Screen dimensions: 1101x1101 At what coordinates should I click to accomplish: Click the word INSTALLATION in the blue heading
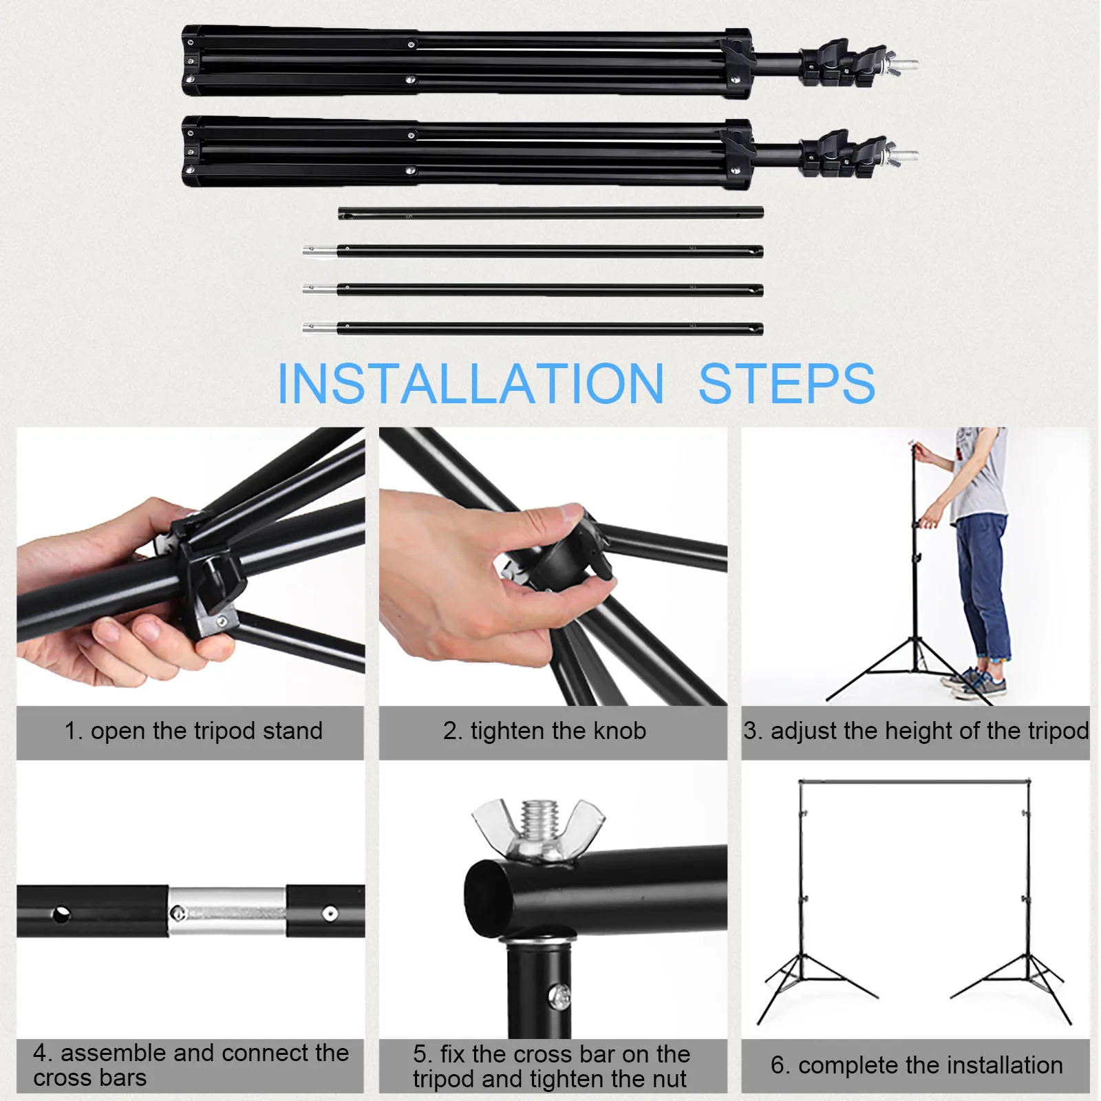[x=470, y=383]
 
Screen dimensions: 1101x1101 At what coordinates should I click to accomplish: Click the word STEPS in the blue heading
[x=787, y=383]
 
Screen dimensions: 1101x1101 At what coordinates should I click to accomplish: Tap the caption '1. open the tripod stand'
[x=193, y=731]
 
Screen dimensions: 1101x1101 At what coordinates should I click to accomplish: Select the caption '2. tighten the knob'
[x=545, y=731]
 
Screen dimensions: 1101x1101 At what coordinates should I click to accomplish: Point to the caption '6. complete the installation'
[x=917, y=1065]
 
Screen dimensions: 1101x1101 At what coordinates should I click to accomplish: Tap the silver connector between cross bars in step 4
[x=227, y=911]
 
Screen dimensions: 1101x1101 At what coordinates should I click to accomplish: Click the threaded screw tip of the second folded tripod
[x=906, y=156]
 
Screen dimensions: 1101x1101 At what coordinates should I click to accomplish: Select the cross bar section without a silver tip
[x=550, y=213]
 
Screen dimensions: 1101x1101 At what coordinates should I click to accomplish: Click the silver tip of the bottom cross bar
[x=319, y=328]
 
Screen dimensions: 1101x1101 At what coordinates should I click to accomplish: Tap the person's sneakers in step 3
[x=977, y=683]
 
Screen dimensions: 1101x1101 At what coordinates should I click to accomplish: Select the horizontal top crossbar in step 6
[x=915, y=782]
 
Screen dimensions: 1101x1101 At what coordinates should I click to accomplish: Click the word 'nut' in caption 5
[x=670, y=1079]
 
